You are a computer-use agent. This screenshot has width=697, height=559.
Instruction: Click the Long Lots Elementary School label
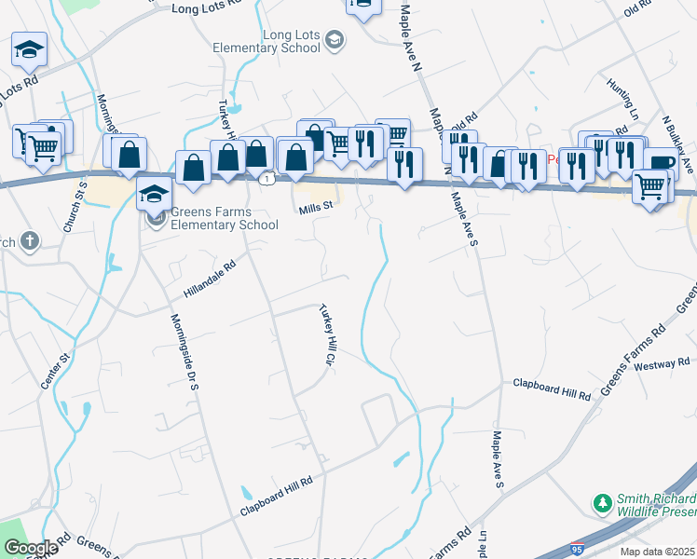click(x=291, y=41)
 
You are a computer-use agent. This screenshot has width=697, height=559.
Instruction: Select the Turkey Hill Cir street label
click(x=327, y=334)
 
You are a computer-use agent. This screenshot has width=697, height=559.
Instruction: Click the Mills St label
click(x=316, y=209)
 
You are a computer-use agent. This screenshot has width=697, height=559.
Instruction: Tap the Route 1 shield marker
click(x=267, y=177)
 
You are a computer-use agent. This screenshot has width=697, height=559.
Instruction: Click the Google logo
click(x=30, y=548)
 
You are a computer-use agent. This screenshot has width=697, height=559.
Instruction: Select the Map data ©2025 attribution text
click(x=657, y=552)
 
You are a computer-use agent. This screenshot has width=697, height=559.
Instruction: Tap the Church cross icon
click(x=29, y=241)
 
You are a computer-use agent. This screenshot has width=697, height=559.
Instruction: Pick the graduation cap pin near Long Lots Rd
click(x=29, y=48)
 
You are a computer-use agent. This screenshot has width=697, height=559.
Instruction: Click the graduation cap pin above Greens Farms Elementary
click(x=155, y=195)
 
